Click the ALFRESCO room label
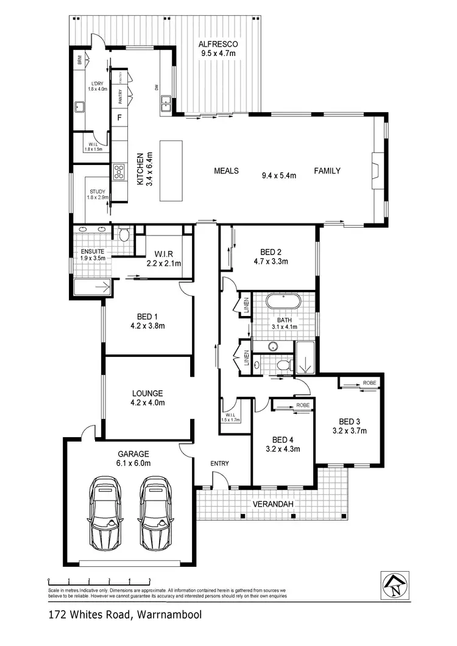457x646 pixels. (218, 44)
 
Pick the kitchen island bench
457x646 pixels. (171, 170)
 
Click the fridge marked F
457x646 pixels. (119, 118)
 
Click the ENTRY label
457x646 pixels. (220, 463)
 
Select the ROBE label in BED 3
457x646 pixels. (369, 382)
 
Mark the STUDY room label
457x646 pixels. (97, 192)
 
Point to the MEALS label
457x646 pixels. (226, 170)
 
